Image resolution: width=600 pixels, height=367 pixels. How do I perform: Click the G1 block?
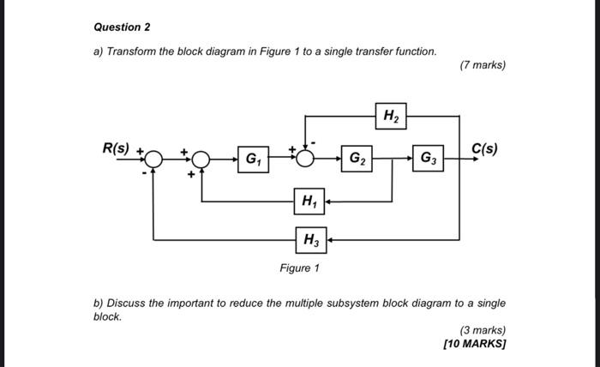[x=254, y=159]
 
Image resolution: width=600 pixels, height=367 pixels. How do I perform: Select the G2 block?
[x=355, y=159]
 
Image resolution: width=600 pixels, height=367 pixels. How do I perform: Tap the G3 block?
[x=427, y=159]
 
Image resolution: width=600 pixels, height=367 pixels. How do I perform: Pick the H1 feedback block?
[x=307, y=202]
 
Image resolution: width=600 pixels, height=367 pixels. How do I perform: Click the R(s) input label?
[x=117, y=147]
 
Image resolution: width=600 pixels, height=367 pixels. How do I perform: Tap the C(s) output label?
[x=484, y=147]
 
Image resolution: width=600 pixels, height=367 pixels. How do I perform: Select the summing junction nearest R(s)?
[x=153, y=159]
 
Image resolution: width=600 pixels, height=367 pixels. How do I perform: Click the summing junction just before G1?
[x=201, y=159]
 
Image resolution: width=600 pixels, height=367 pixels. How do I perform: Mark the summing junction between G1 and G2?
[x=307, y=159]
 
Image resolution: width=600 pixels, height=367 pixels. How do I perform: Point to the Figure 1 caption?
[x=299, y=268]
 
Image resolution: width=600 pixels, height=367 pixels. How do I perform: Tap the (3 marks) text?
[x=483, y=330]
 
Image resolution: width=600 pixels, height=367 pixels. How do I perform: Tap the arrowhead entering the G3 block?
[x=409, y=159]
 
